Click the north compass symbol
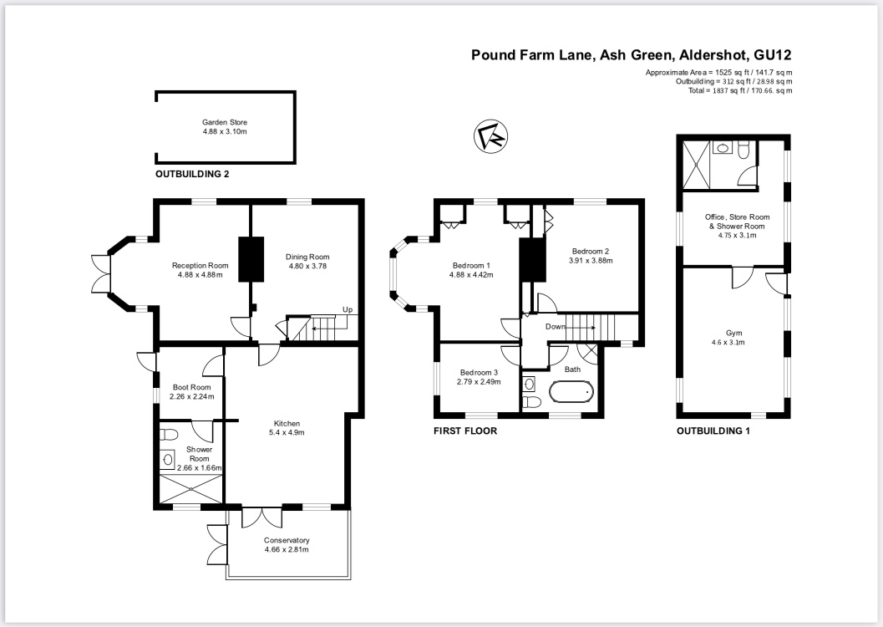pos(490,136)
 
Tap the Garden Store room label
pos(225,122)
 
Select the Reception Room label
pos(200,265)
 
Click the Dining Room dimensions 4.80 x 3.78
pos(307,266)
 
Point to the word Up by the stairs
pos(348,310)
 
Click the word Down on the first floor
pos(556,327)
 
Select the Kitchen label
pos(287,424)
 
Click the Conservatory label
pos(287,540)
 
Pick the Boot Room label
pos(192,387)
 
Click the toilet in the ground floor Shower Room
pos(169,435)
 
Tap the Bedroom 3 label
pos(480,372)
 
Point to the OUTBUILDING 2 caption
pos(192,174)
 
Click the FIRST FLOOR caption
pos(465,431)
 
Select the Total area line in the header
pos(740,90)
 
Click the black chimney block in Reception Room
pos(251,259)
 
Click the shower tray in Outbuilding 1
pos(696,163)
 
